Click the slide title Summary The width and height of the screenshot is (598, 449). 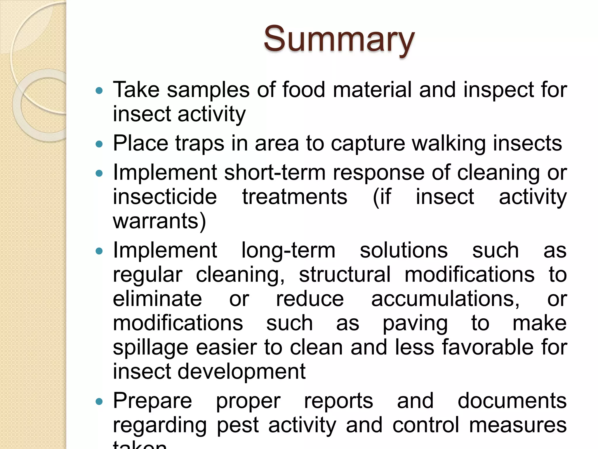(x=339, y=39)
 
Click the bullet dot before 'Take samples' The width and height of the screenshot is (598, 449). (x=99, y=91)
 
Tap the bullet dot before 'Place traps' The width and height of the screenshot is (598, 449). (x=99, y=144)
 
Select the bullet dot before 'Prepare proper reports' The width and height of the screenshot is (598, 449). (x=99, y=402)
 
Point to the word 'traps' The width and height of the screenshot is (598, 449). (x=200, y=144)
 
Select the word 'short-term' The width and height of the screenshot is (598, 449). (x=274, y=172)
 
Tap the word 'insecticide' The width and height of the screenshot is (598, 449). (x=165, y=197)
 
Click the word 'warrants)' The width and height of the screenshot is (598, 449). (x=159, y=221)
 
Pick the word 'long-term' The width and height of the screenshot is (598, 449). (x=288, y=251)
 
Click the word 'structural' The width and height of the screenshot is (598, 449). (x=345, y=275)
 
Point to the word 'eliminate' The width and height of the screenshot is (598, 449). (x=157, y=299)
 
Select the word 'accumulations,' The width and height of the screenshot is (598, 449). (x=446, y=299)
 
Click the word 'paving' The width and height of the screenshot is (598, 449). (x=415, y=324)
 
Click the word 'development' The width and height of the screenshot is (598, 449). (x=241, y=372)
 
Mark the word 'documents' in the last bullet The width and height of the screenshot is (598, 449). (x=512, y=401)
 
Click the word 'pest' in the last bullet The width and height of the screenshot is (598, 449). (x=238, y=425)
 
